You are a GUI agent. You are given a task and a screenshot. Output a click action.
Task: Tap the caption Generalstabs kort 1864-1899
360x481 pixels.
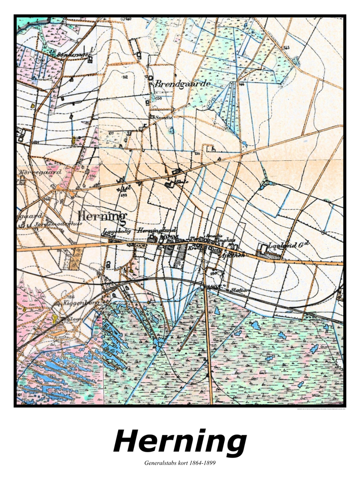tap(180, 464)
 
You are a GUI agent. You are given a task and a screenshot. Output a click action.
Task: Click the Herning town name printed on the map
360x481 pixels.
tap(102, 216)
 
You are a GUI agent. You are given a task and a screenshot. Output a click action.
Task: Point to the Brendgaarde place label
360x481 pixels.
tap(182, 84)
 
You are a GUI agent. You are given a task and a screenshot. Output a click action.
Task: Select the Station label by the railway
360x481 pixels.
tap(240, 290)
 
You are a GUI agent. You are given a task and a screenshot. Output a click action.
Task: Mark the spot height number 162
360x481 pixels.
tap(125, 77)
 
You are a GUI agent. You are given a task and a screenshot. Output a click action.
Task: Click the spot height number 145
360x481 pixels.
tap(287, 48)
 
